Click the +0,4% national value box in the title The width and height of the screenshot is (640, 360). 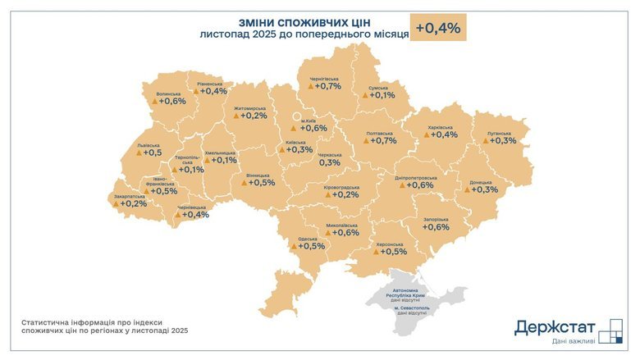438,27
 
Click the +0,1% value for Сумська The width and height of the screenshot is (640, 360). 382,95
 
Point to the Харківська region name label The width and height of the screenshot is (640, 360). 440,127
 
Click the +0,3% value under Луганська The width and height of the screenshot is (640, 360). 504,141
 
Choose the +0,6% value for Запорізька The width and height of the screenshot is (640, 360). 436,227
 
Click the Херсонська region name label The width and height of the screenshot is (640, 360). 389,244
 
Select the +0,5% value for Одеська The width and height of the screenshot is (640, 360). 311,246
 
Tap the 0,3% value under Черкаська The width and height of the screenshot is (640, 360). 329,162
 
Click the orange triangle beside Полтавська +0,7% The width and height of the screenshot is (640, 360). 365,141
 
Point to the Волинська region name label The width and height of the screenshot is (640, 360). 169,93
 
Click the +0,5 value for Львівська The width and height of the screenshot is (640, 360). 152,153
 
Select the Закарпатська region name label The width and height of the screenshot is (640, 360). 128,196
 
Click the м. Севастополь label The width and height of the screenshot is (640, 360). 414,308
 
